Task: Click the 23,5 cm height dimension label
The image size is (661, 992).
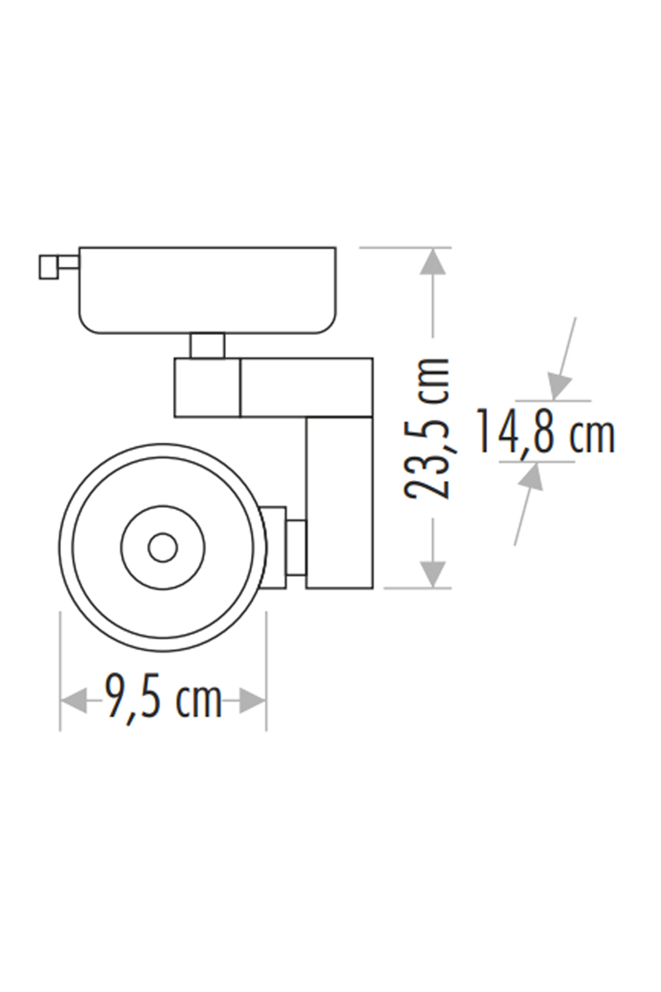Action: tap(429, 429)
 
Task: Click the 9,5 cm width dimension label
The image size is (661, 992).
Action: tap(164, 702)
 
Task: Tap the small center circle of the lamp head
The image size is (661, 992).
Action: tap(162, 548)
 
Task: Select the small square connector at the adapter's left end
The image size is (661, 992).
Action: tap(48, 267)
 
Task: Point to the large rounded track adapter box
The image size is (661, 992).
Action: tap(207, 290)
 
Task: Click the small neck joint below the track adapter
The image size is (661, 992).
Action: tap(208, 346)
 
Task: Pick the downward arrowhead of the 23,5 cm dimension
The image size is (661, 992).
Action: tap(432, 573)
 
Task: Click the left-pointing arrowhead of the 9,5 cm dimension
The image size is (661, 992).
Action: tap(73, 701)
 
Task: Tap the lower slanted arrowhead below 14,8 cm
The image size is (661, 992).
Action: tap(531, 477)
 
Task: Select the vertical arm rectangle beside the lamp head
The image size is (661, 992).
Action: tap(339, 503)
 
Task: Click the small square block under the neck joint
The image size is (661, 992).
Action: tap(207, 387)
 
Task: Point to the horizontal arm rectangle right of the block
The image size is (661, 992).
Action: tap(306, 387)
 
